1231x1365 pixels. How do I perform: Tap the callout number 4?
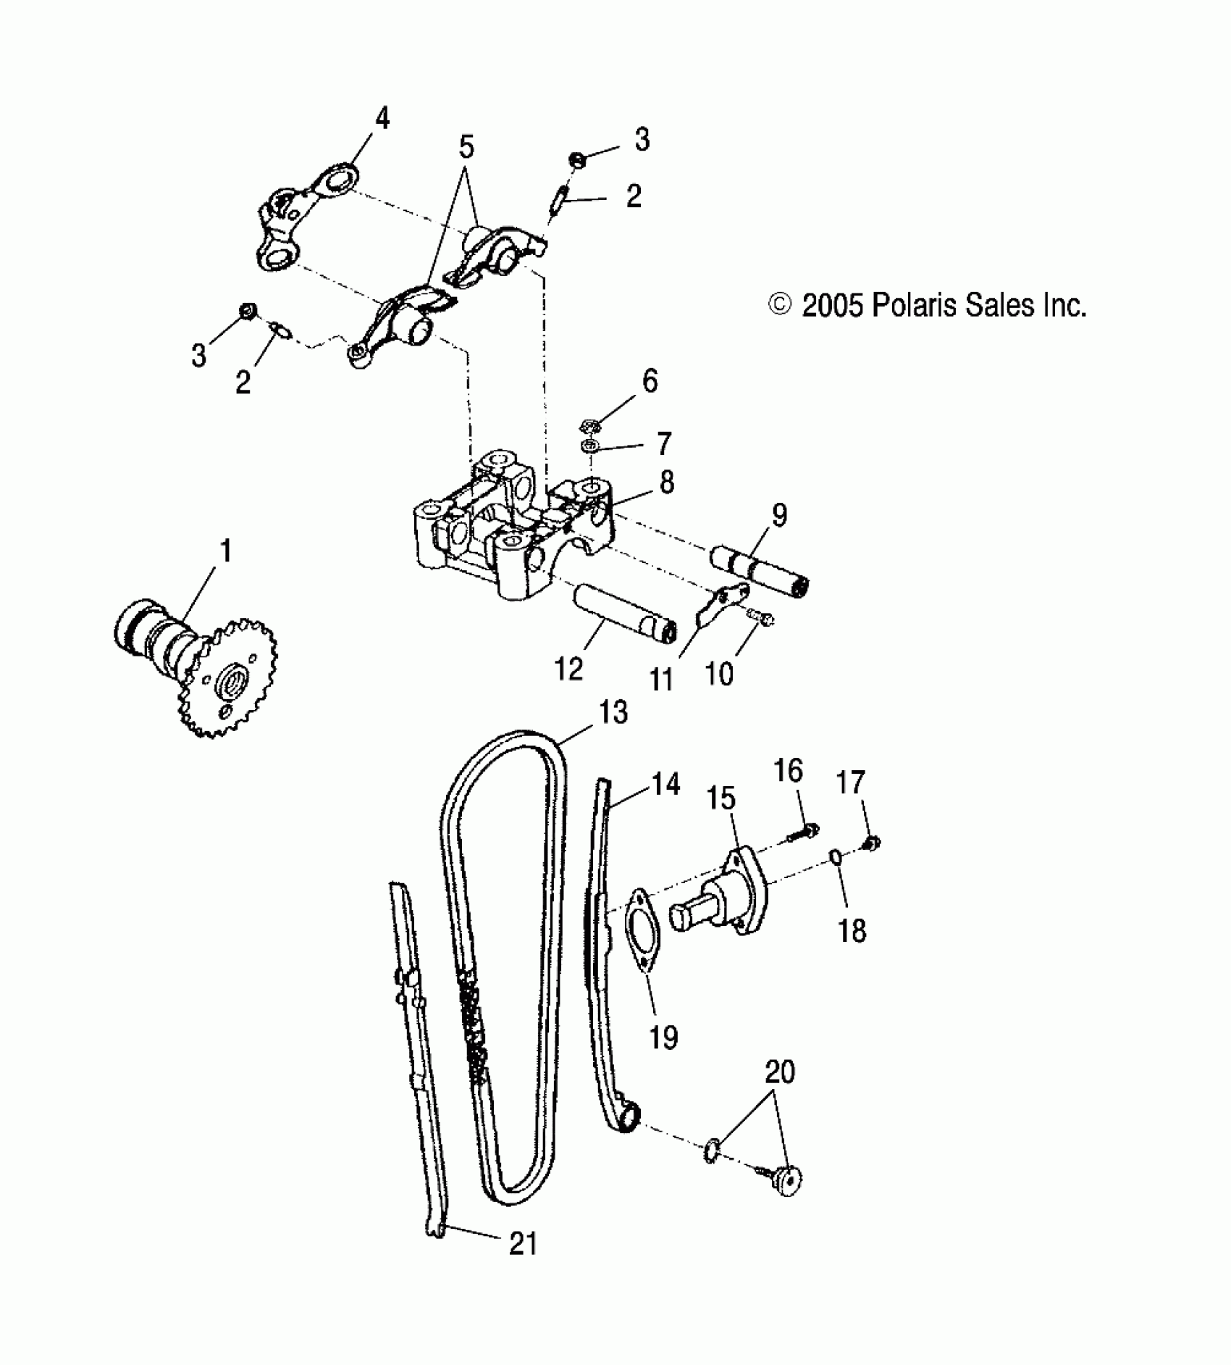pyautogui.click(x=382, y=118)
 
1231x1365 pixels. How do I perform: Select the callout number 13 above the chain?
pyautogui.click(x=613, y=712)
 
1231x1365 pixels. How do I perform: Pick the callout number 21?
pyautogui.click(x=523, y=1243)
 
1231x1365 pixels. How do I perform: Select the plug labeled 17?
pyautogui.click(x=872, y=842)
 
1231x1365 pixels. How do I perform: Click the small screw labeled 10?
pyautogui.click(x=760, y=616)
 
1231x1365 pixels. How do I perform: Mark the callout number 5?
pyautogui.click(x=466, y=147)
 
